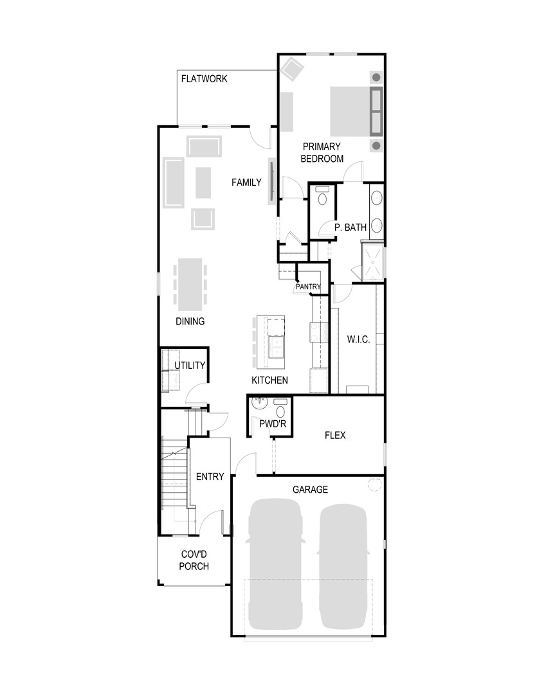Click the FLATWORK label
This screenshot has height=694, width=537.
(x=204, y=79)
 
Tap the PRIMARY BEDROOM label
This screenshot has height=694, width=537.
(x=322, y=152)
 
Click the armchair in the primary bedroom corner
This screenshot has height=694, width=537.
(x=293, y=67)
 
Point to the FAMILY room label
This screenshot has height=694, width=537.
(x=246, y=182)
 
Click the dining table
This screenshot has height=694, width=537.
(x=190, y=283)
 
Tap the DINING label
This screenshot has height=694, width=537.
(x=190, y=321)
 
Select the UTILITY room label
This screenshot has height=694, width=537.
(x=190, y=366)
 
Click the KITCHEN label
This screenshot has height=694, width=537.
(x=269, y=380)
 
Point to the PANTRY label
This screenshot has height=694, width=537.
(x=308, y=287)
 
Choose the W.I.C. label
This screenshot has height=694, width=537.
(x=358, y=339)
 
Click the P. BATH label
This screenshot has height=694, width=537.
(x=350, y=227)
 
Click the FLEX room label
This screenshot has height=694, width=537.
(x=334, y=435)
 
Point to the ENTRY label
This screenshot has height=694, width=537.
(x=210, y=476)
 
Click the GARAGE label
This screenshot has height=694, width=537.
(x=310, y=489)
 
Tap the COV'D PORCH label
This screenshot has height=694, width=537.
(x=194, y=560)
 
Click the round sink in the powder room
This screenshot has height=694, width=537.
(x=259, y=404)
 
